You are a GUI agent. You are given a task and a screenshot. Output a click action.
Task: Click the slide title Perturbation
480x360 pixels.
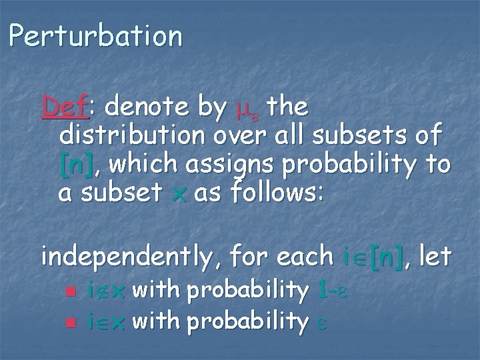coord(95,36)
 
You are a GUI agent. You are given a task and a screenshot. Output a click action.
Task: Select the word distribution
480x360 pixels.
coord(132,135)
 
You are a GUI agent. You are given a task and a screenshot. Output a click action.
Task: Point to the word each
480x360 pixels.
coord(300,255)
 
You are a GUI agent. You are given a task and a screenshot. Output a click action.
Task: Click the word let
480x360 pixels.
coord(435,255)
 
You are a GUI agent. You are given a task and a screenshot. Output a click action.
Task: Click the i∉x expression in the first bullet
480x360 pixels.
coord(106,290)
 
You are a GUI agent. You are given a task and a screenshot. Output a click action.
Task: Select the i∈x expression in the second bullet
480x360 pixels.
coord(106,322)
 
